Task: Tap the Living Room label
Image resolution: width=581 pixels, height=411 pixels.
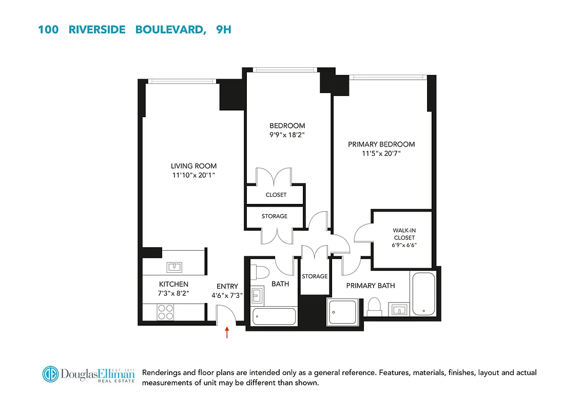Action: point(193,166)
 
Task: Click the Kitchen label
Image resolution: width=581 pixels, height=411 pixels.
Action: point(173,284)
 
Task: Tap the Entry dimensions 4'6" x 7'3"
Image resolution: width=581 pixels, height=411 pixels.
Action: point(226,295)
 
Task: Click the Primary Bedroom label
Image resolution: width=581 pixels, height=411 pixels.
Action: point(381,144)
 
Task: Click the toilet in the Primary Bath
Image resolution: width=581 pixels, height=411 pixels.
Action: point(374,307)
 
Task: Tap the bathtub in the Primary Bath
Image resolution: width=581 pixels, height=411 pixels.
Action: point(423,294)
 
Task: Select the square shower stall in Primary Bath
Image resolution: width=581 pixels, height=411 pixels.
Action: point(341,311)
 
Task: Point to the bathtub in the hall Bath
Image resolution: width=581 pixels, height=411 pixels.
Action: point(274,316)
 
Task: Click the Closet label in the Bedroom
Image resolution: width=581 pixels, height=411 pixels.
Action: point(276,195)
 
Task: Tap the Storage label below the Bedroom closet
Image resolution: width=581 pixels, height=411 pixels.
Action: point(275,216)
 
